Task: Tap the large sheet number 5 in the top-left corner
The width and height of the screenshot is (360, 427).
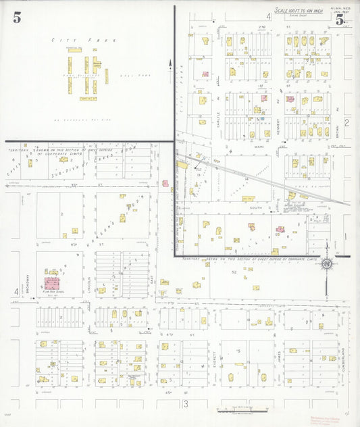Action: coord(16,18)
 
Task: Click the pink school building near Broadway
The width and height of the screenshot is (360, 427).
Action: coord(51,282)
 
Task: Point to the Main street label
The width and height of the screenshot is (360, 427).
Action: coord(258,147)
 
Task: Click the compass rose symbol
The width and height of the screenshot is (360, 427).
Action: coord(326,263)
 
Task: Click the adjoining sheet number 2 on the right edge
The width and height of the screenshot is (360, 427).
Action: coord(346,122)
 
